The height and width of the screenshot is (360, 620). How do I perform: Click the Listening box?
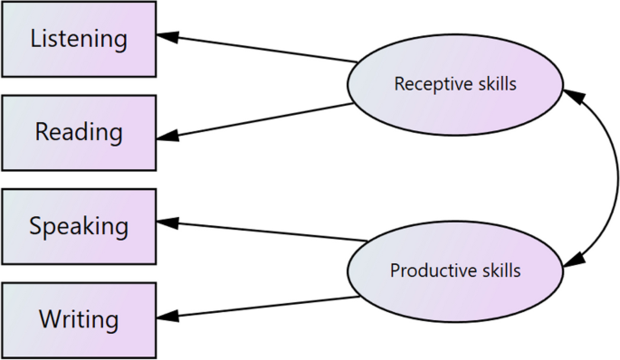click(x=79, y=39)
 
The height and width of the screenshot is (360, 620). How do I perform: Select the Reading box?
click(x=79, y=132)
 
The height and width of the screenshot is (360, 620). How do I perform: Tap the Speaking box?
click(x=79, y=225)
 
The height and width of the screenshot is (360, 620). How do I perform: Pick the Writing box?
click(x=79, y=318)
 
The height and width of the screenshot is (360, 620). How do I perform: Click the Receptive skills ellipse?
click(x=455, y=84)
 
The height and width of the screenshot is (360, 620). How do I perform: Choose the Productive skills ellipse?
click(x=455, y=270)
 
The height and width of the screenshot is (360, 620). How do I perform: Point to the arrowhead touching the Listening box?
click(x=168, y=37)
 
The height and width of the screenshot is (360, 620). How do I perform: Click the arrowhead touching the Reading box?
click(x=168, y=137)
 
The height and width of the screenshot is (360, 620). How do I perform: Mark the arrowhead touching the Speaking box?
click(x=168, y=222)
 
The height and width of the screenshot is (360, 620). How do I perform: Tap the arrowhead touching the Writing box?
click(x=168, y=317)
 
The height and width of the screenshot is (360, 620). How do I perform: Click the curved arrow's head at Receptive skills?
click(x=570, y=94)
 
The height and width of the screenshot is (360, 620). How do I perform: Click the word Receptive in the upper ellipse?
click(x=426, y=84)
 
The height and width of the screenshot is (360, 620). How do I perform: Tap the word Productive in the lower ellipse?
click(x=424, y=270)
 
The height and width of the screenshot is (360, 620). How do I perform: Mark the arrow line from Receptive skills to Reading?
click(x=262, y=121)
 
